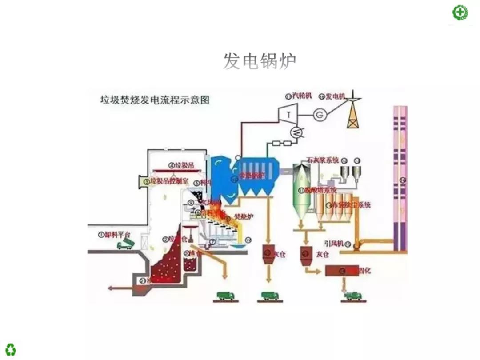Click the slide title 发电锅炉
[259, 61]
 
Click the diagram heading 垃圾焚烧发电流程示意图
[154, 99]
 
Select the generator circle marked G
[319, 114]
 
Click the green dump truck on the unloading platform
[124, 244]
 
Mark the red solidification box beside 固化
[341, 270]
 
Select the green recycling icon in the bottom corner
[10, 349]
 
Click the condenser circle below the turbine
[295, 131]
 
